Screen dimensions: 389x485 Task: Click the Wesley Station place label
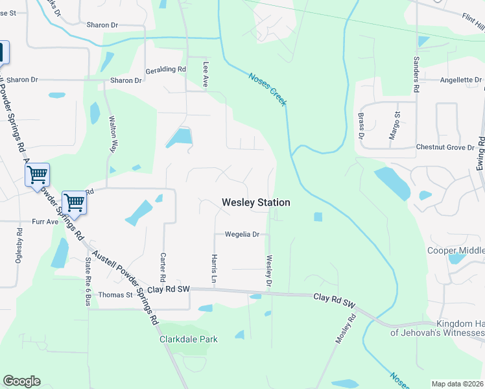[256, 203]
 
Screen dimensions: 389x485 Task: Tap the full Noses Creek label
[268, 89]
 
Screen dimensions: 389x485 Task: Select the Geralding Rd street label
[165, 69]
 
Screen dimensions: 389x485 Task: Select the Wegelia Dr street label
[242, 235]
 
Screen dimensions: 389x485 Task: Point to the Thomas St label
[115, 295]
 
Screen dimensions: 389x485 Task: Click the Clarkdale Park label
[189, 339]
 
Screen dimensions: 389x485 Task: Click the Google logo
[21, 381]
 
